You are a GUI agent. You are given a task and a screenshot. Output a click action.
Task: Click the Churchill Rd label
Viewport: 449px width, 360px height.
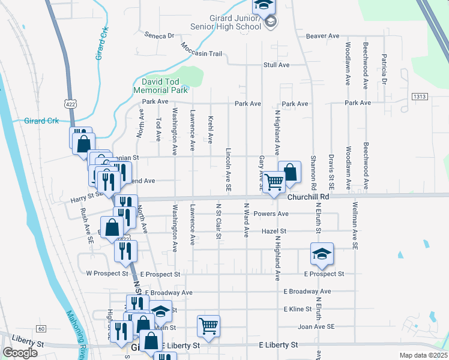click(x=309, y=196)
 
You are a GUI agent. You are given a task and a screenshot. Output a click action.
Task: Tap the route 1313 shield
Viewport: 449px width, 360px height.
click(x=419, y=96)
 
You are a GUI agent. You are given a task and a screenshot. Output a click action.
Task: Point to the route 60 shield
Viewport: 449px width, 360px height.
click(x=41, y=328)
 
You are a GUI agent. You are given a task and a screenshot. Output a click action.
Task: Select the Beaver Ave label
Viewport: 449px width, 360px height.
click(x=323, y=36)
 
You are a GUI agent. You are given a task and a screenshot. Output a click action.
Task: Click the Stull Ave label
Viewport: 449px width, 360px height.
click(x=277, y=65)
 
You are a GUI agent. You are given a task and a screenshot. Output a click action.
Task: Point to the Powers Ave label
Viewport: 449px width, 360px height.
click(x=271, y=214)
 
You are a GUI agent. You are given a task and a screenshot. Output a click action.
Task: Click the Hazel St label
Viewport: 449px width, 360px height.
click(x=274, y=230)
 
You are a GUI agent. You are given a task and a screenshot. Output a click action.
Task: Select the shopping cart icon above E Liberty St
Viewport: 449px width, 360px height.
click(x=208, y=326)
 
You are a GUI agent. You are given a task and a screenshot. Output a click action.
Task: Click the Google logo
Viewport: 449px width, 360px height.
click(x=20, y=353)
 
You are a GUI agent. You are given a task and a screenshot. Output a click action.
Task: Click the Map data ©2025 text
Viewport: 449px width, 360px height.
click(x=423, y=355)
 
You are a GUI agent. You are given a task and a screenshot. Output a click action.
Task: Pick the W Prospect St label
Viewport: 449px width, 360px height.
click(x=107, y=274)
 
